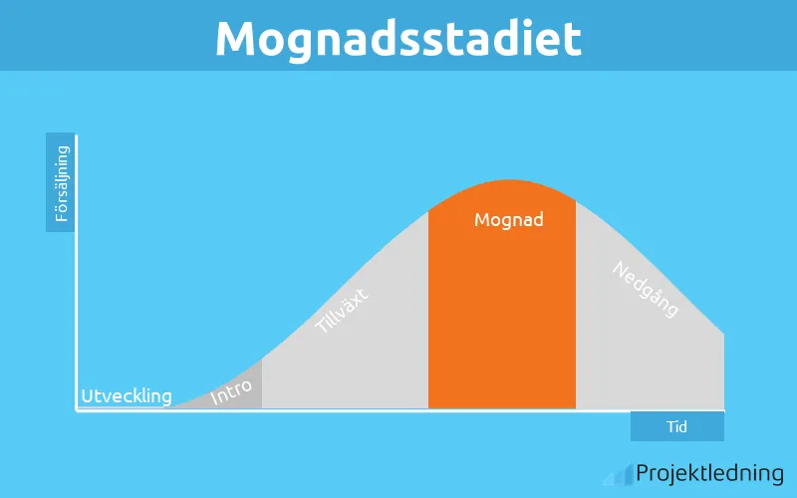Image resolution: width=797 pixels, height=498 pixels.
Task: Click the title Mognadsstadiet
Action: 398,38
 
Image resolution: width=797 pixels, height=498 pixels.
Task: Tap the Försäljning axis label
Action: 61,183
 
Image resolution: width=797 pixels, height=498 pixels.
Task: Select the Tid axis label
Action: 677,426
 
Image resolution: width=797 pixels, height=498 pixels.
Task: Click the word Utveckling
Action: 127,396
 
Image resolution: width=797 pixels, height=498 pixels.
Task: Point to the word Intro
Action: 231,392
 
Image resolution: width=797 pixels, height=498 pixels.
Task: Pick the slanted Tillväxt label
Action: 342,309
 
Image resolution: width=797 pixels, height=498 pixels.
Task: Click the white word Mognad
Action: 509,219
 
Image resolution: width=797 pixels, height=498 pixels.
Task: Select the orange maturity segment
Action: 502,319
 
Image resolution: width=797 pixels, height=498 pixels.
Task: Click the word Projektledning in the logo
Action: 709,473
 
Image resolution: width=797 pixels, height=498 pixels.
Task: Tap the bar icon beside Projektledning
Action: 623,475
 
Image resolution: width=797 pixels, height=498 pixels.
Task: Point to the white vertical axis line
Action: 77,269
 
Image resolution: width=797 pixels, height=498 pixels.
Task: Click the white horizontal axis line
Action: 398,410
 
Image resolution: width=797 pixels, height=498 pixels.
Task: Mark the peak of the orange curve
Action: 509,181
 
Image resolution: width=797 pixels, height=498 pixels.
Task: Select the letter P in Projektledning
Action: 643,473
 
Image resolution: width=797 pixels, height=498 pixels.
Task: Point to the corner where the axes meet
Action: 77,410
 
